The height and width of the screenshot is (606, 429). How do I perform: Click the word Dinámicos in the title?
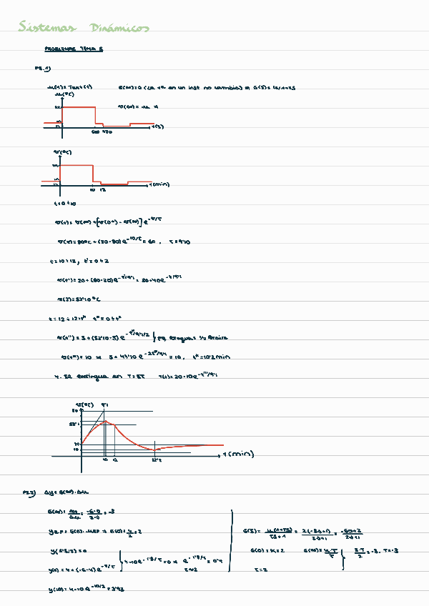pyautogui.click(x=120, y=28)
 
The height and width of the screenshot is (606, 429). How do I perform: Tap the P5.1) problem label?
pyautogui.click(x=42, y=69)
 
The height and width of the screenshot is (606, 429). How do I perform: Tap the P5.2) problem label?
pyautogui.click(x=29, y=492)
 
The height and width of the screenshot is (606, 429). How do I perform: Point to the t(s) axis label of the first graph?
pyautogui.click(x=158, y=126)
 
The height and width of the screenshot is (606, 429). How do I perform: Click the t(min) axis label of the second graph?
pyautogui.click(x=158, y=184)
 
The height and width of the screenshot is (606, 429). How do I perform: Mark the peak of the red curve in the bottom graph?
pyautogui.click(x=105, y=422)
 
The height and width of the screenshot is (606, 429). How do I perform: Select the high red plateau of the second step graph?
pyautogui.click(x=77, y=166)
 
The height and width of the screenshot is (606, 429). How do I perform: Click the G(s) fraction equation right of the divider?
pyautogui.click(x=302, y=530)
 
